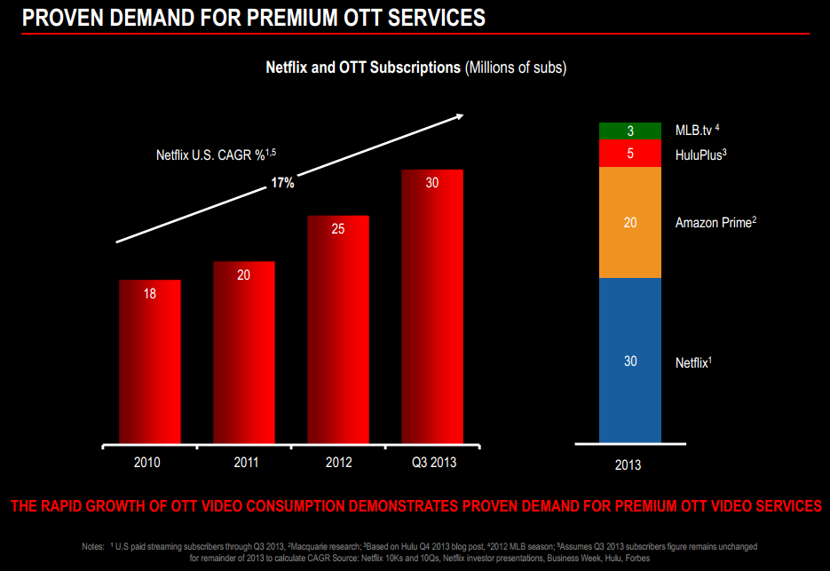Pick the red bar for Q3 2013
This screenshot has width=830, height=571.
click(x=432, y=305)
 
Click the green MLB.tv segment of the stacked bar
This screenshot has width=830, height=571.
click(x=630, y=131)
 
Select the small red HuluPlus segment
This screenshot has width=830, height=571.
click(x=630, y=154)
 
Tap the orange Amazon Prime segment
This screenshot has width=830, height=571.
click(x=630, y=222)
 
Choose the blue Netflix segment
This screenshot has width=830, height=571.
click(x=630, y=360)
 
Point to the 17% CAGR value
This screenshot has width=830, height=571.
click(x=282, y=184)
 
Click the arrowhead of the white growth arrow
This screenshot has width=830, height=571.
click(x=458, y=115)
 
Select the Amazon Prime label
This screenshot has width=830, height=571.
click(x=715, y=222)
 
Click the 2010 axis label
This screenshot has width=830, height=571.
click(x=149, y=463)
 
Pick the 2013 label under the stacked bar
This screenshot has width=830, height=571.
click(x=628, y=465)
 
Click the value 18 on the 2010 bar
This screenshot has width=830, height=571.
click(x=149, y=294)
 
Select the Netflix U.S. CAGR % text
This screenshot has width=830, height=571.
click(x=209, y=155)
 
